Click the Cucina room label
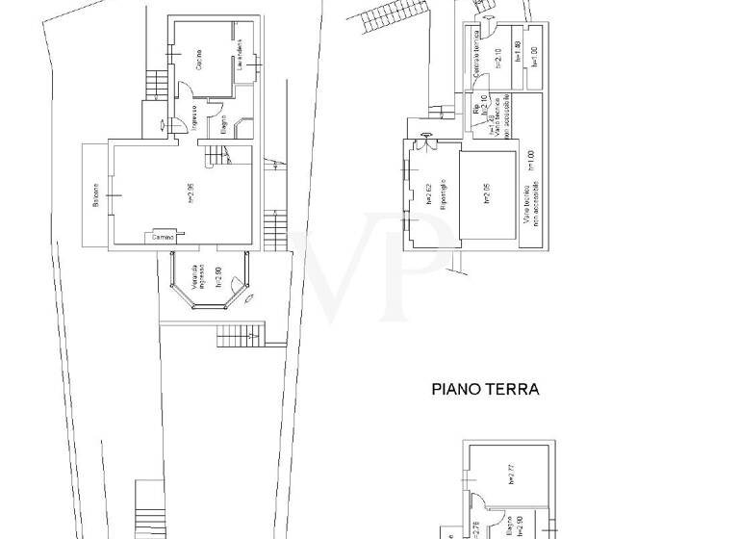[197, 59]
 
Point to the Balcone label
[95, 193]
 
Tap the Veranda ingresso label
[196, 277]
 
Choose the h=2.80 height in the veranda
[218, 278]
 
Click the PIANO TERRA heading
[484, 390]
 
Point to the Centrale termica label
[476, 59]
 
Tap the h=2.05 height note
[487, 192]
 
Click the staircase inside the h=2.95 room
[216, 153]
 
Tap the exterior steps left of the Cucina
[153, 84]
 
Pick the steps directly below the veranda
[237, 336]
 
